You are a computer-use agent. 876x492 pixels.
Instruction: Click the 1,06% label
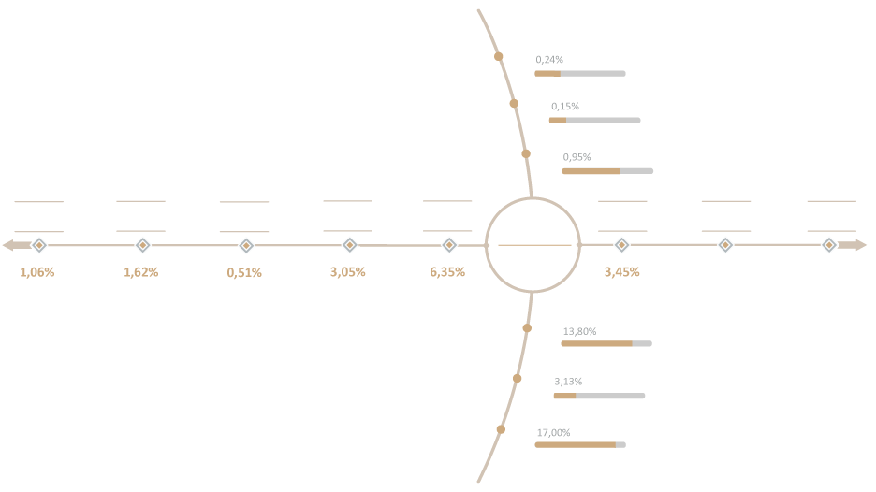tap(37, 272)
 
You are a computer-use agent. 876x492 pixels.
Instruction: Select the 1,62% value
tap(140, 272)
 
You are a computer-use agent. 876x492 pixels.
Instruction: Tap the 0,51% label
tap(244, 272)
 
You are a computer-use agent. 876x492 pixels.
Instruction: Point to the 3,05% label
tap(347, 272)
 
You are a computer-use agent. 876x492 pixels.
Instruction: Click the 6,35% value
tap(447, 272)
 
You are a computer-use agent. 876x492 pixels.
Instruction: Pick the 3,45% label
tap(621, 272)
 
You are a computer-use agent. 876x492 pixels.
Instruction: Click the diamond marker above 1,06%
tap(39, 245)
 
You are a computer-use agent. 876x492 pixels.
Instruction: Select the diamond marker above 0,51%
tap(246, 245)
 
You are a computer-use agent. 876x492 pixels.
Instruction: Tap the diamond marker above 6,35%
tap(449, 245)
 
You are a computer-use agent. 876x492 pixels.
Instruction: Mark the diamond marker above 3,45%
tap(621, 245)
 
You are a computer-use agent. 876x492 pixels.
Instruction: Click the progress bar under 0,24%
tap(580, 74)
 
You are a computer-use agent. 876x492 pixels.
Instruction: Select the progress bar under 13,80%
tap(606, 343)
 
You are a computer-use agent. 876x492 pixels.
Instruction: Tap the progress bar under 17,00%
tap(580, 445)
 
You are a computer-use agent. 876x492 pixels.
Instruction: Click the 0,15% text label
tap(565, 106)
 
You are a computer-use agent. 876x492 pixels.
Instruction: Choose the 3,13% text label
tap(568, 382)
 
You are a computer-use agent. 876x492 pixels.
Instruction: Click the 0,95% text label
tap(577, 157)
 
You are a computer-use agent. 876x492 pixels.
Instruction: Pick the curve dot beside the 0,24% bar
tap(498, 56)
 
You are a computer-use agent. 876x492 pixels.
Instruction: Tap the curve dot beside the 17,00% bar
tap(501, 429)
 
